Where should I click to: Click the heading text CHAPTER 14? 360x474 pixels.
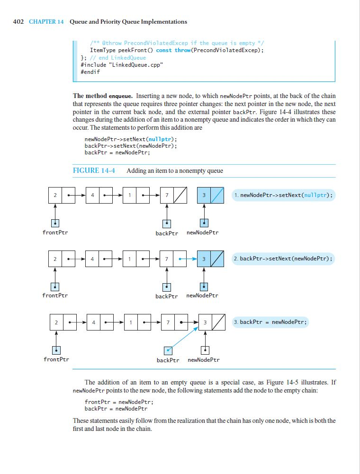[46, 22]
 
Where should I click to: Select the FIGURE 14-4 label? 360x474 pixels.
[94, 170]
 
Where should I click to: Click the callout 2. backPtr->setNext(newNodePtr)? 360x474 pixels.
[283, 259]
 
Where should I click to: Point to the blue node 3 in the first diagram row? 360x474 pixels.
[210, 196]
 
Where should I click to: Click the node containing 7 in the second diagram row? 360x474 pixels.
[173, 259]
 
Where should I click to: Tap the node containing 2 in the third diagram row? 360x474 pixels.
[63, 322]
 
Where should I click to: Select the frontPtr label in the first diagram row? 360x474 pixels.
[55, 233]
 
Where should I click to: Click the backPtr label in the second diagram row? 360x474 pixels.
[167, 296]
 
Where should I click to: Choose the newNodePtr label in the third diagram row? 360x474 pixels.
[204, 359]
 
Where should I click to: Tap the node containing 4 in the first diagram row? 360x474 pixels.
[99, 196]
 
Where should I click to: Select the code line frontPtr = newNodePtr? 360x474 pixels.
[119, 402]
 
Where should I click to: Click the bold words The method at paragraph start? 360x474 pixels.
[87, 96]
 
